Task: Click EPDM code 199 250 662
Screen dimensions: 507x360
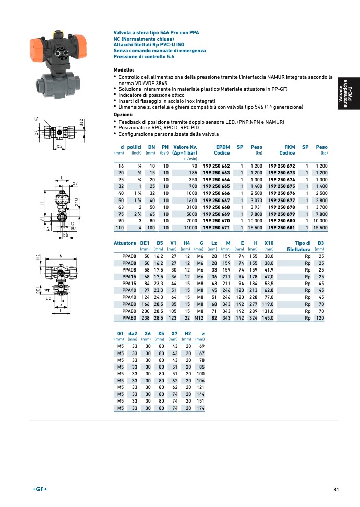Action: point(216,166)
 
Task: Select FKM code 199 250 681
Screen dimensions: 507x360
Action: point(282,228)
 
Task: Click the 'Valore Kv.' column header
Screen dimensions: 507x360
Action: point(185,147)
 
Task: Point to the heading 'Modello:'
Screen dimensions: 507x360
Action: point(124,70)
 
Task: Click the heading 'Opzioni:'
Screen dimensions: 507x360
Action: point(123,114)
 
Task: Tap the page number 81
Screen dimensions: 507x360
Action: point(337,489)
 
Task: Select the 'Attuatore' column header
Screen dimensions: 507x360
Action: point(125,243)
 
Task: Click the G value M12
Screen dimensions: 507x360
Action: point(198,317)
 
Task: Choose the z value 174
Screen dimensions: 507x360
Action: point(200,408)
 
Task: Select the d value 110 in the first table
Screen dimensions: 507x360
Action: point(119,228)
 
